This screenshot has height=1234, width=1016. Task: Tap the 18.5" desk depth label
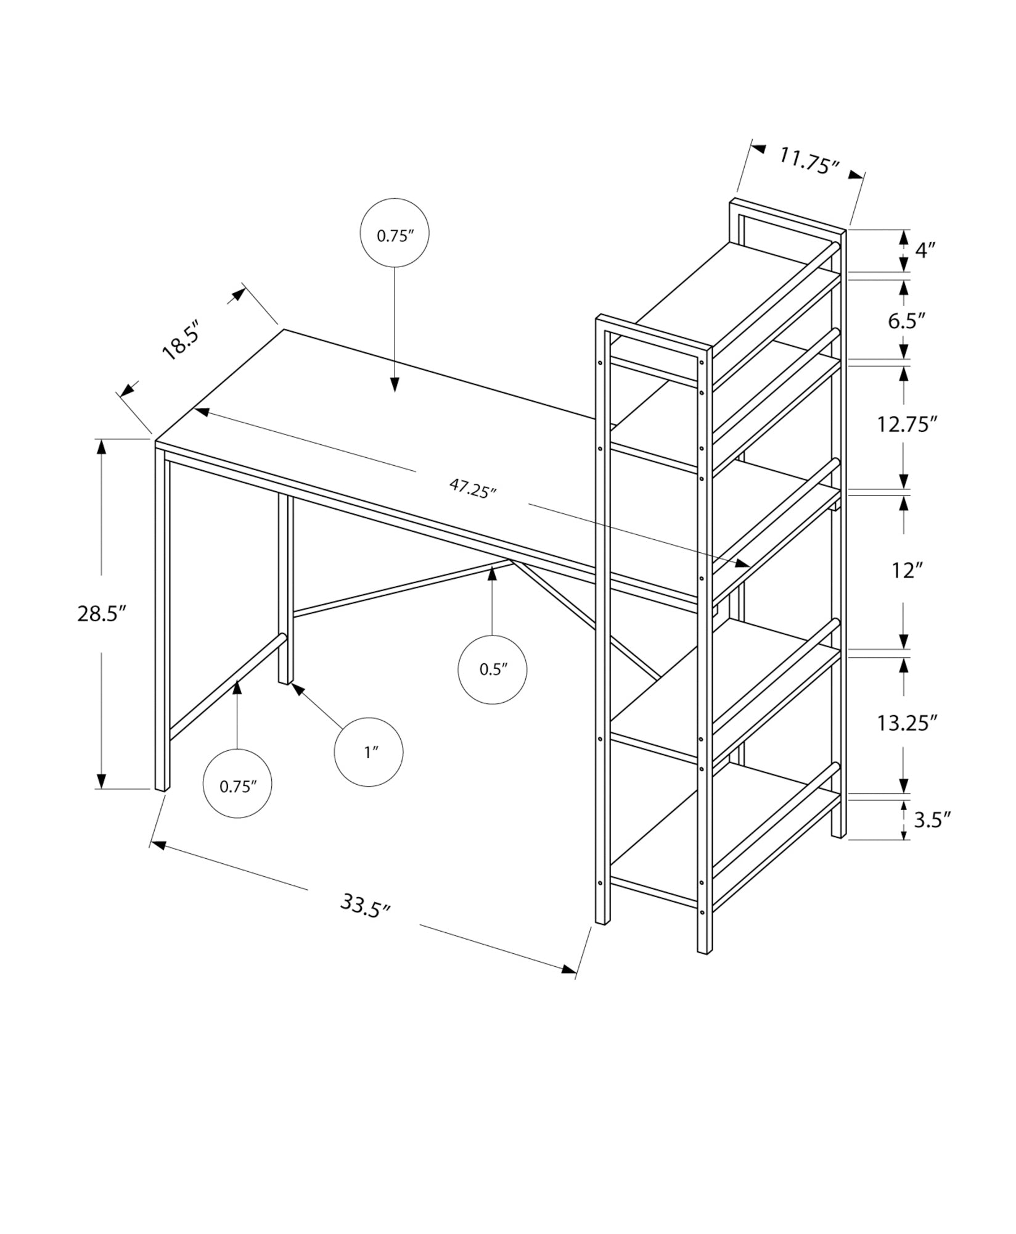[181, 339]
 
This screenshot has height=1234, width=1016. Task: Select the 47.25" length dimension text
[472, 489]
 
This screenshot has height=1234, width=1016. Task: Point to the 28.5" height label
[102, 614]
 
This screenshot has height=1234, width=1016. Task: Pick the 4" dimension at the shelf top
[925, 250]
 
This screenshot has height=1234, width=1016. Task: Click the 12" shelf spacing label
[905, 571]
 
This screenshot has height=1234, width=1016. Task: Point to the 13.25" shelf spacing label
[907, 723]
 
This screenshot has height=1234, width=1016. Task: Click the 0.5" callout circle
[492, 669]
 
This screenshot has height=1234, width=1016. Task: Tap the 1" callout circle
[368, 752]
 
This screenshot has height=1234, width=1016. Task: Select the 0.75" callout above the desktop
[395, 233]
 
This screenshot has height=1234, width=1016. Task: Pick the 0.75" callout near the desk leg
[237, 784]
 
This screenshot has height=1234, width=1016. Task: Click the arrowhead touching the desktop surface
[395, 384]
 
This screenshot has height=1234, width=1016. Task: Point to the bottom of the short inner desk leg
[285, 681]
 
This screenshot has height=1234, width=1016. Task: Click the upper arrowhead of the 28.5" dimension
[101, 446]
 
